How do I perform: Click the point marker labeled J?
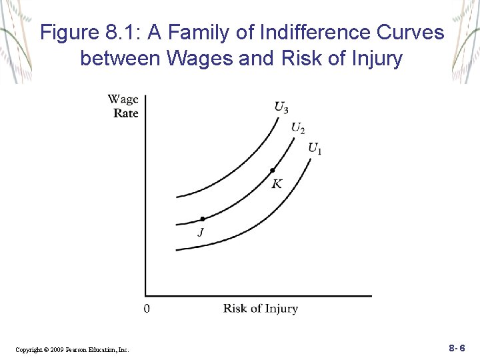pos(203,219)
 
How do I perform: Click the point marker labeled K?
pos(272,171)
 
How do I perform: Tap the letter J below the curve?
pos(200,233)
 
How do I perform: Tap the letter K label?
pos(277,183)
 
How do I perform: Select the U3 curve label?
pos(281,107)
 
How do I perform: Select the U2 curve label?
pos(298,127)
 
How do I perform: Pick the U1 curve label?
pos(315,148)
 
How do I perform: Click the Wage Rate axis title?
pos(124,106)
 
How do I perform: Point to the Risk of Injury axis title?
pos(260,309)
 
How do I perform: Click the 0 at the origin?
pos(147,309)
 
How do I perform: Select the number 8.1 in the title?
pos(119,33)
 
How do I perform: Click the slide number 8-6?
pos(457,348)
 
